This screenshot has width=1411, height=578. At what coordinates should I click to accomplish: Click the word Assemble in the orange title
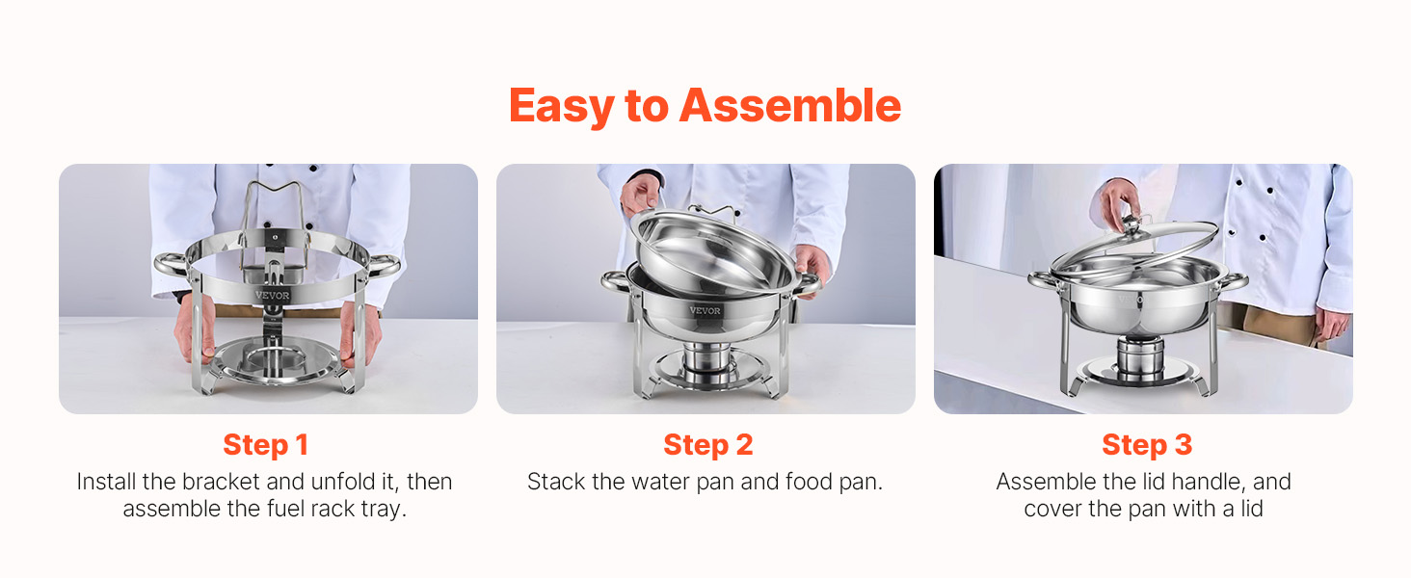click(x=790, y=106)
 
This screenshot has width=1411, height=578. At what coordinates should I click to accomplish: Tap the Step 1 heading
click(x=265, y=444)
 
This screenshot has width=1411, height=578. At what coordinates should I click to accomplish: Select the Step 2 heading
click(x=708, y=444)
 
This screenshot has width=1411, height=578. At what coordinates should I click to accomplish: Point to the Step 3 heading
click(x=1147, y=444)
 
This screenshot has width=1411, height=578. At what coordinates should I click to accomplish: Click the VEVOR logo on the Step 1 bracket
click(x=272, y=295)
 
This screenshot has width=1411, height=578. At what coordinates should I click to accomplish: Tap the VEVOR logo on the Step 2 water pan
click(x=705, y=310)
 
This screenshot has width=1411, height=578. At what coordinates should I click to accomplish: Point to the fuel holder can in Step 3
click(x=1140, y=359)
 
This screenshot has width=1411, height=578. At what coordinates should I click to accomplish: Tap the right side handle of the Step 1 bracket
click(x=383, y=266)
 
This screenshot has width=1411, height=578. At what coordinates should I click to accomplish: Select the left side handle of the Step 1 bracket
click(x=172, y=265)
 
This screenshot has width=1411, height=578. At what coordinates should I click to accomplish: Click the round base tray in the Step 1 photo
click(x=276, y=361)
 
